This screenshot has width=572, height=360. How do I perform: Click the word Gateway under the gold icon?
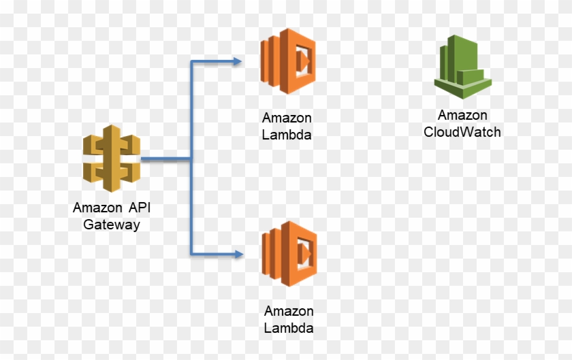click(x=112, y=225)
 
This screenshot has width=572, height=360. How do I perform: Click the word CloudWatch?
click(x=462, y=132)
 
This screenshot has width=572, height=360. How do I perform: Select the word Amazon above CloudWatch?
click(x=462, y=116)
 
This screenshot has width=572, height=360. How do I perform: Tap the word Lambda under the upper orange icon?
click(x=287, y=135)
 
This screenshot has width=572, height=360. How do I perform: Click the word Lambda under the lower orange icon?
click(x=289, y=328)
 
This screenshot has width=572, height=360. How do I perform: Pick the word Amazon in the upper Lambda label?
click(x=287, y=118)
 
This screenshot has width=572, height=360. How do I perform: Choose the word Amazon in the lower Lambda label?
click(x=289, y=312)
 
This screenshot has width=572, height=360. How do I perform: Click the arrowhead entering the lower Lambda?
click(x=238, y=255)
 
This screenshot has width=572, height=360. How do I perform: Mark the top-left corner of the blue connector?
click(x=192, y=62)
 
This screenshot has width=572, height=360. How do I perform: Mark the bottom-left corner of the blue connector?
click(x=192, y=255)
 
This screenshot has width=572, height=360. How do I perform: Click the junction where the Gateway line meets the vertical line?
click(x=192, y=160)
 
